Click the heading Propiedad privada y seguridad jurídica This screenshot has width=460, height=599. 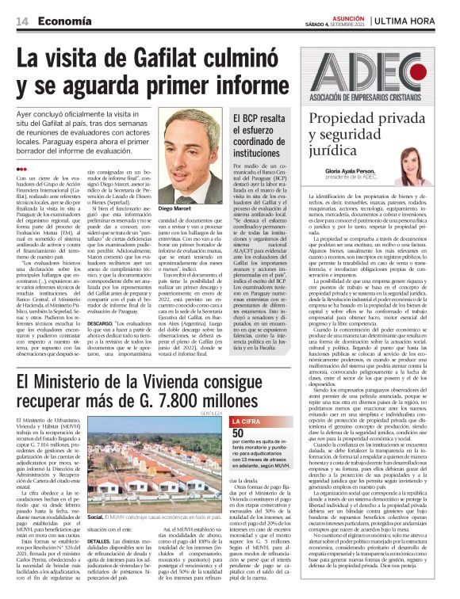click(366, 138)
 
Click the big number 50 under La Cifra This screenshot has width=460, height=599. click(238, 433)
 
